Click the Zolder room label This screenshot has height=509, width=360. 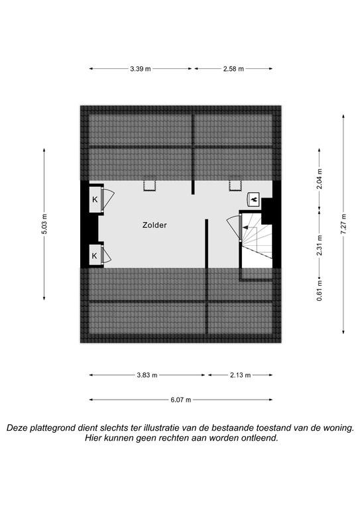(x=154, y=225)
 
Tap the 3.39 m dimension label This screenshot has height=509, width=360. (x=141, y=69)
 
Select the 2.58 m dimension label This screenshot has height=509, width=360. (x=233, y=69)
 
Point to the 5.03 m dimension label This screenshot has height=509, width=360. (x=44, y=224)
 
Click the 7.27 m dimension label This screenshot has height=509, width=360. (x=343, y=223)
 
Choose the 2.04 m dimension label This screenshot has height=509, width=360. (x=320, y=179)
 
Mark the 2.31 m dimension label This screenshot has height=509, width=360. (x=320, y=245)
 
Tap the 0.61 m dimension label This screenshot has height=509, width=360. (x=320, y=290)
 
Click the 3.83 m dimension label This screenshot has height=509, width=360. (x=147, y=375)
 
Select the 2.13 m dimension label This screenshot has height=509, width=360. (x=240, y=375)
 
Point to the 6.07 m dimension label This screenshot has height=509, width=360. (x=181, y=400)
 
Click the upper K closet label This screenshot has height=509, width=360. (x=95, y=199)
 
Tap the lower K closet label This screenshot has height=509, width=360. (x=94, y=256)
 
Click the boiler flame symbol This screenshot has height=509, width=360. (x=253, y=199)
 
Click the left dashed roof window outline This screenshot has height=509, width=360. (x=150, y=184)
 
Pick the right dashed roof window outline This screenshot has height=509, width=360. (x=235, y=184)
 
